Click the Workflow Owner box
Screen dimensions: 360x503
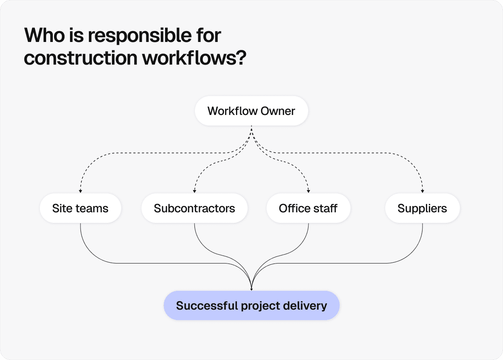coord(251,111)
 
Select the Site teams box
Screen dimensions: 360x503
coord(80,208)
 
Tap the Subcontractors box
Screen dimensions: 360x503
coord(194,208)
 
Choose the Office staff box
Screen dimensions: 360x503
coord(308,208)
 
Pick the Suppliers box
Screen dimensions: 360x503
coord(422,208)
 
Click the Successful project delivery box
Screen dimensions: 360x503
coord(251,305)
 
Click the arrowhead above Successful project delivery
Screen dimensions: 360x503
coord(251,289)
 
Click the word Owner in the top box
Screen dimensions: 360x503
coord(278,111)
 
